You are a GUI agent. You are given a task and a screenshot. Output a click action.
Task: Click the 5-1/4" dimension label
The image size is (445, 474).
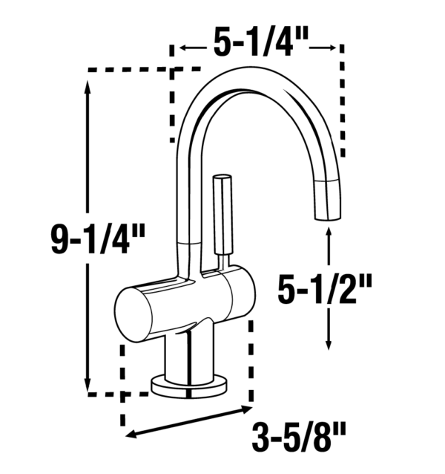coord(261,42)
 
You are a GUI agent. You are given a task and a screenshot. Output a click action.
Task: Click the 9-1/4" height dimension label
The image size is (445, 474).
coord(98,238)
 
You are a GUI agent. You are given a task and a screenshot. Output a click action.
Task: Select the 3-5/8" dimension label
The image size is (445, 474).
coord(299,437)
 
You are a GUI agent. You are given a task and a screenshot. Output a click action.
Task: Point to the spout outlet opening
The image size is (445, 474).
coord(329,218)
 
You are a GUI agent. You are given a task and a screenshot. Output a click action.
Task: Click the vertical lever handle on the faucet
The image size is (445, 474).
coord(222,215)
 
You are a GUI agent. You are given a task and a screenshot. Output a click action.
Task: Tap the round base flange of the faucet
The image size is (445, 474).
coord(189,388)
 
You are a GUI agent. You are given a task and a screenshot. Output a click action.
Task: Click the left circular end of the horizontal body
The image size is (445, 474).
coord(133,315)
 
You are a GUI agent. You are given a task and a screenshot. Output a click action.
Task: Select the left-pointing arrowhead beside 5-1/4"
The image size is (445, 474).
coord(183,48)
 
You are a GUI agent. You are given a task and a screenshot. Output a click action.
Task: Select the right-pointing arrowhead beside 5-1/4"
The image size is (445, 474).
coord(332,48)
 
